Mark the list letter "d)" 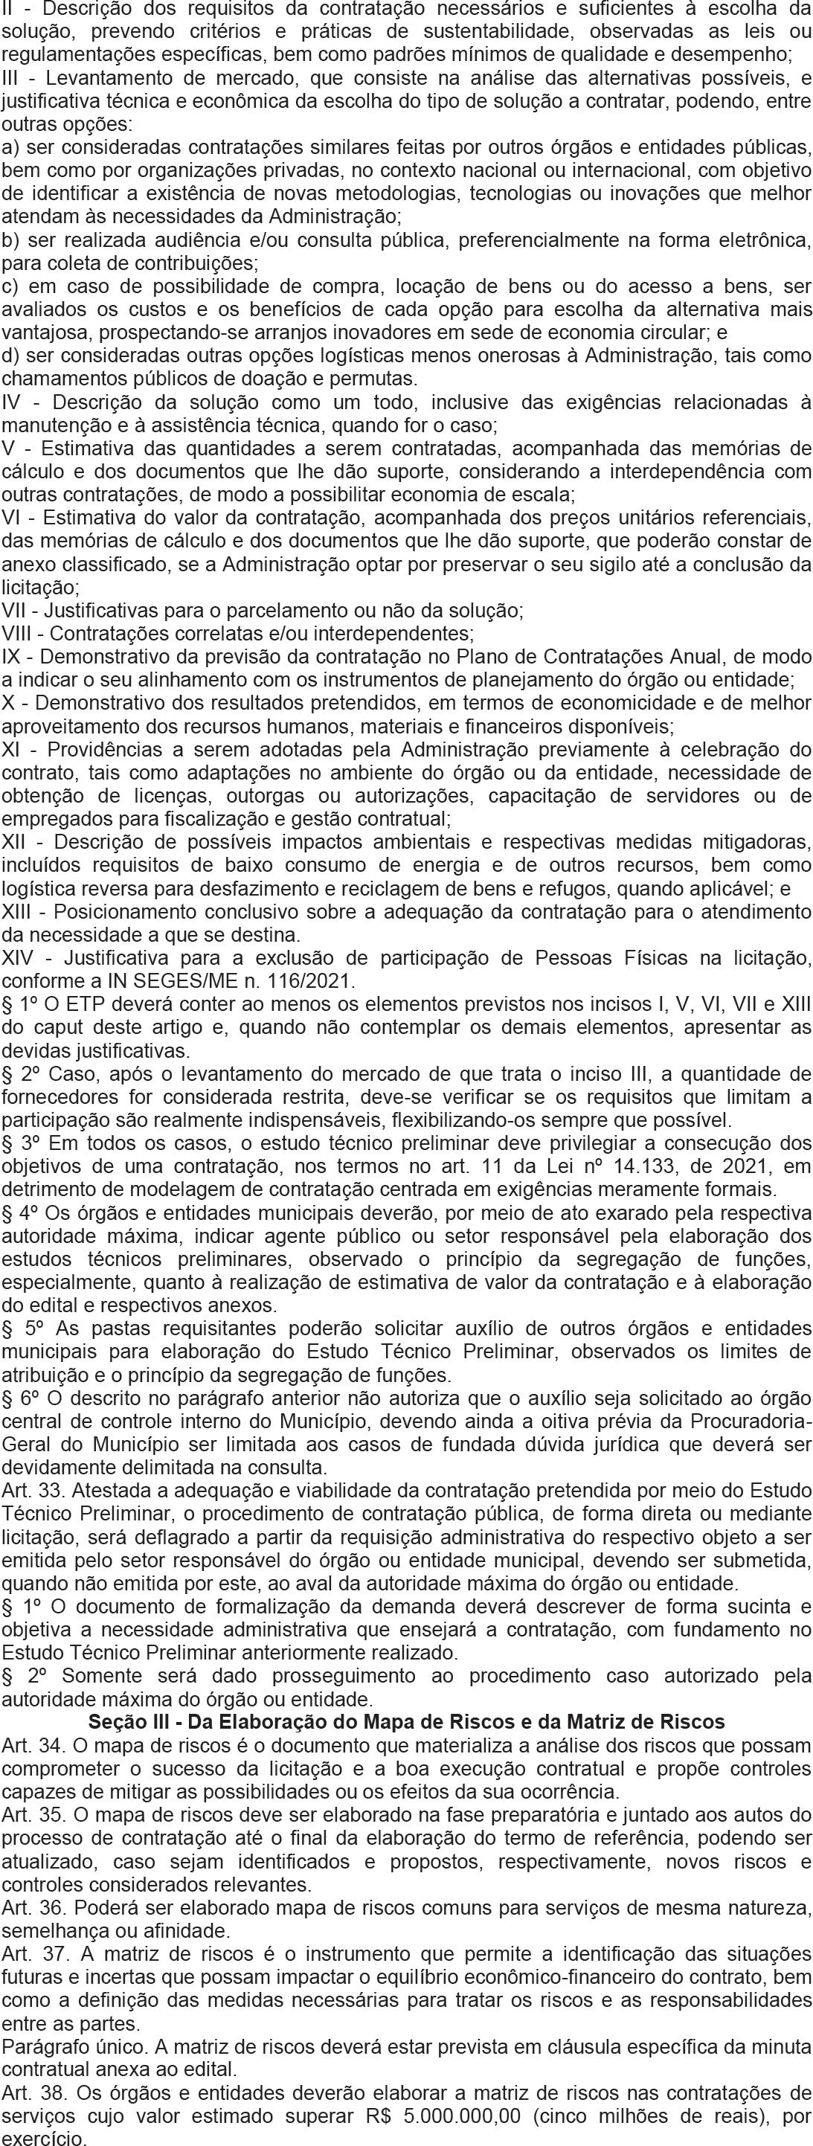12,356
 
